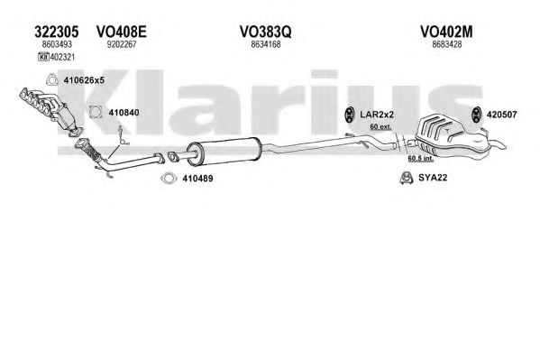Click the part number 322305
(57, 32)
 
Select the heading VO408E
(121, 32)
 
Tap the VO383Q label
(266, 32)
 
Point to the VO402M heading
(446, 32)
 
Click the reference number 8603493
(57, 44)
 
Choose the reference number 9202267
(122, 44)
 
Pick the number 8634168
(266, 44)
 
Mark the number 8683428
(446, 44)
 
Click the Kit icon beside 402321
(43, 57)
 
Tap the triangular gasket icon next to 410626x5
(51, 80)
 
